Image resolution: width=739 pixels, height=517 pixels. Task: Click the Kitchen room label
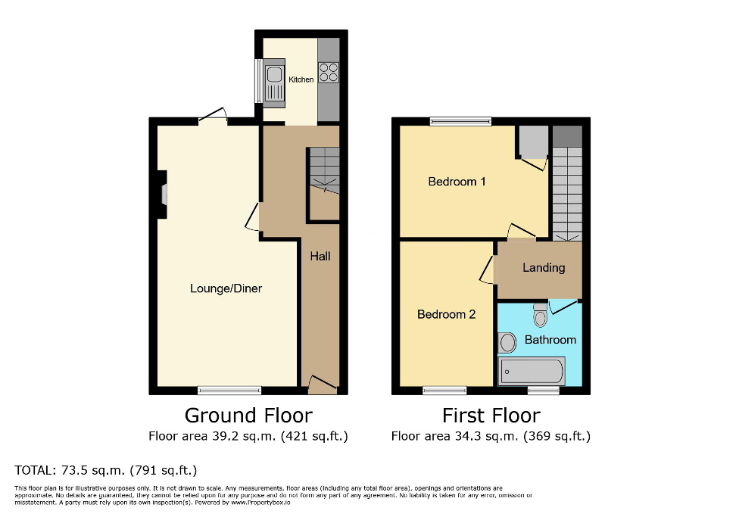(301, 79)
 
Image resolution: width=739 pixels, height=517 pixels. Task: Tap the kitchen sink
(273, 81)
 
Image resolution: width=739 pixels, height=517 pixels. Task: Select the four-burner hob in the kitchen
(329, 72)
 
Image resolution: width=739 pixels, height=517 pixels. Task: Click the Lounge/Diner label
(226, 288)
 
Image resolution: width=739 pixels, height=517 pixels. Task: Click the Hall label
(320, 257)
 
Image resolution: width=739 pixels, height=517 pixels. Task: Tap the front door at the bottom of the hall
(320, 386)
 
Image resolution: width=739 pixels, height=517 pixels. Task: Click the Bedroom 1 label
(457, 182)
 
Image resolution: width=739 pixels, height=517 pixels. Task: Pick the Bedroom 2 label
(446, 314)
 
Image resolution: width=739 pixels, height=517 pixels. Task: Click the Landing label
(543, 267)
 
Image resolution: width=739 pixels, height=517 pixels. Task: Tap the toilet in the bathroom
(540, 315)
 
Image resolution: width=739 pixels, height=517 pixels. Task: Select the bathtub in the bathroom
(532, 372)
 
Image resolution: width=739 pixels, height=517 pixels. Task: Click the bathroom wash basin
(507, 343)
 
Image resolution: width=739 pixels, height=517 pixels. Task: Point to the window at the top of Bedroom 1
(460, 121)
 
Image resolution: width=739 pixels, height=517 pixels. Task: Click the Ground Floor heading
(248, 416)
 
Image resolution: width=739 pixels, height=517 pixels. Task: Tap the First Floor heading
(491, 416)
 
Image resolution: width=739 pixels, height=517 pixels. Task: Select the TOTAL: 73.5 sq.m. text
(105, 470)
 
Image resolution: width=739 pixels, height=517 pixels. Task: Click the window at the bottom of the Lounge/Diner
(229, 391)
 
